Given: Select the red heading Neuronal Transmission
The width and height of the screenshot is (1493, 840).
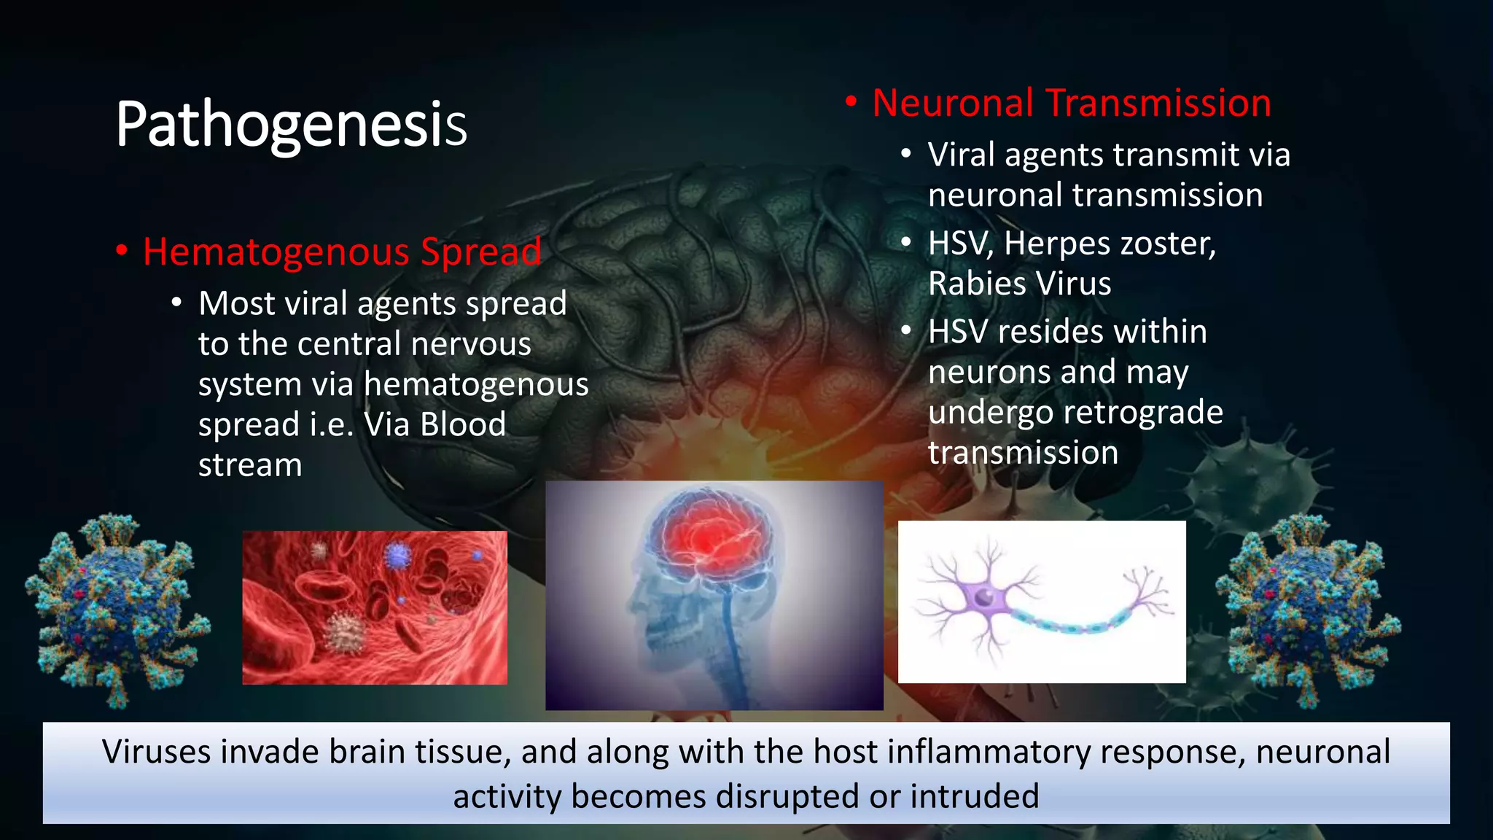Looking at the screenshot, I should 1071,103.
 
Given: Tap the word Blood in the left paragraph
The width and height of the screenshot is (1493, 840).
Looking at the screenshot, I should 463,424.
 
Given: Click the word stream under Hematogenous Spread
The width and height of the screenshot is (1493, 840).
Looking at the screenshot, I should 250,465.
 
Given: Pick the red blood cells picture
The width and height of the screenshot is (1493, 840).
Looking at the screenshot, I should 374,607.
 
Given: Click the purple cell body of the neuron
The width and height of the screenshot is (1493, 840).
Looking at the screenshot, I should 984,599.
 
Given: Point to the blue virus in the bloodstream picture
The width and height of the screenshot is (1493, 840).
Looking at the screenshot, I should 398,556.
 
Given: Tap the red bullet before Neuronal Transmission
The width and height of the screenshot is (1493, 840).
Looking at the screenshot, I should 850,102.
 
